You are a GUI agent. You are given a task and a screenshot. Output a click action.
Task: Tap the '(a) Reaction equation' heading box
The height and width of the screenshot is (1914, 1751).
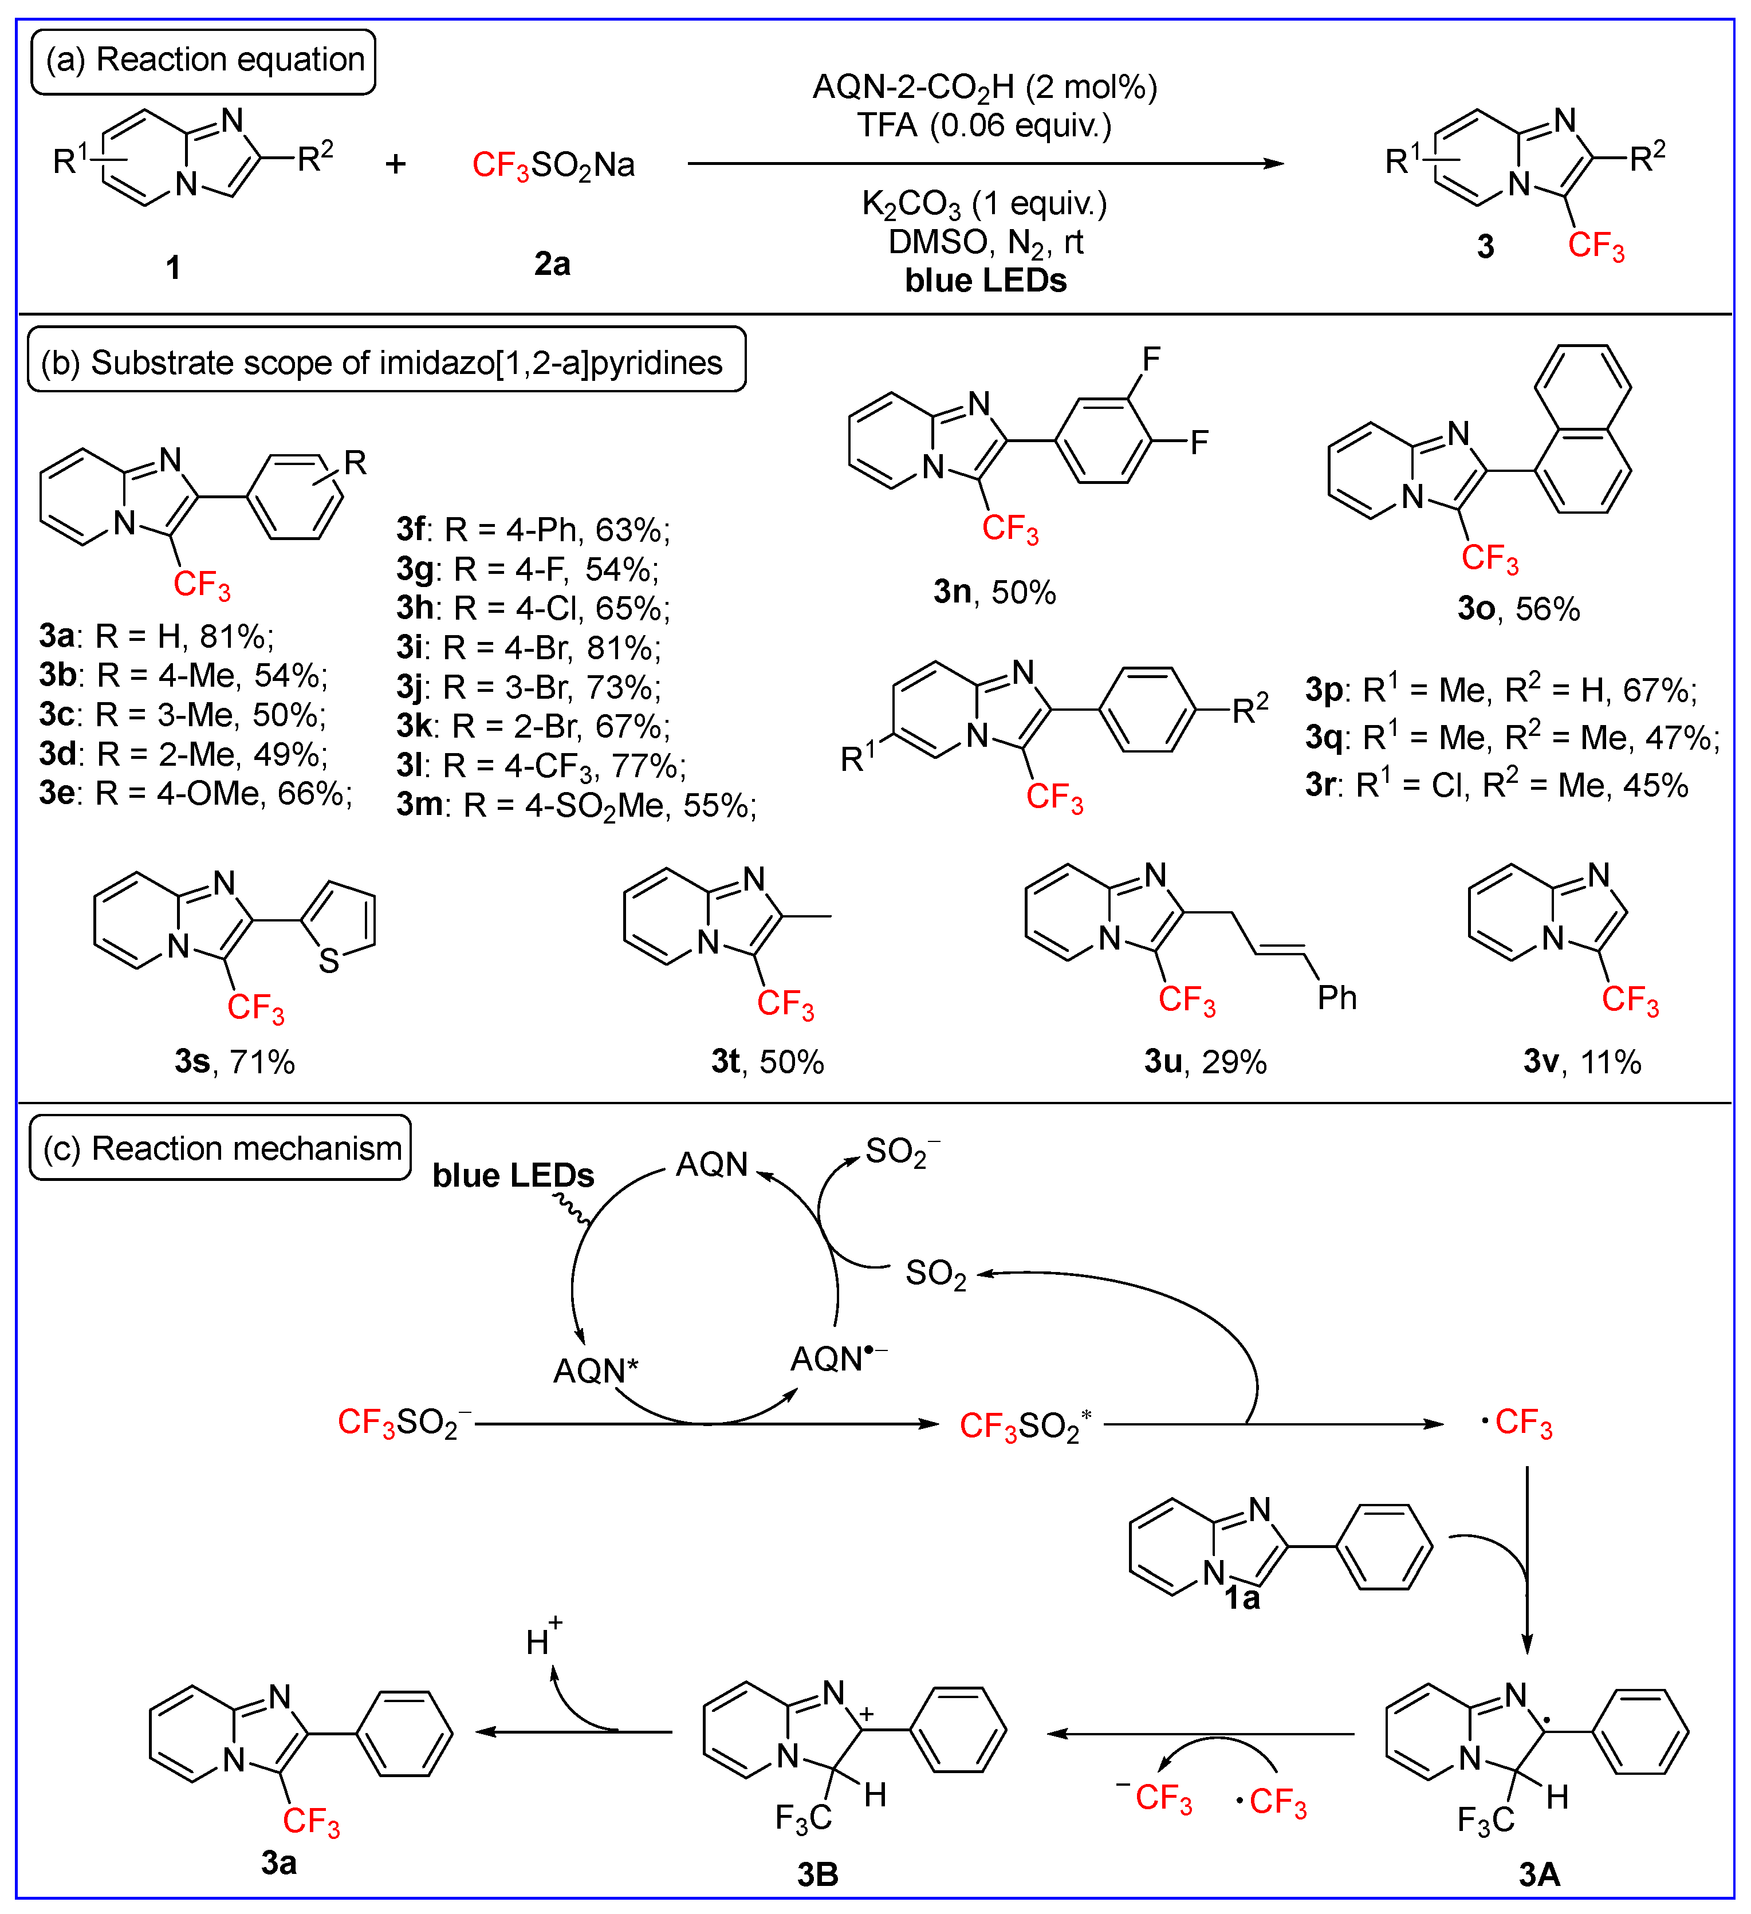pos(204,61)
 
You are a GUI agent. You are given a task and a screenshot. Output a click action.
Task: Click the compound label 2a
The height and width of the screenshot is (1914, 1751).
pos(552,264)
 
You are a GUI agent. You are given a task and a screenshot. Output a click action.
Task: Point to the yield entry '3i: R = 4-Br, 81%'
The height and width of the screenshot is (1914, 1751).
pos(528,648)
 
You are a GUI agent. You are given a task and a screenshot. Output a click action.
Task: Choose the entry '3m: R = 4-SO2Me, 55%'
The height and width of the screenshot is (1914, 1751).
pos(576,805)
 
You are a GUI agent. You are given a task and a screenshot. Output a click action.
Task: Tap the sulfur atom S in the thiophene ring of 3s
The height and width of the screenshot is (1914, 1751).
pos(329,961)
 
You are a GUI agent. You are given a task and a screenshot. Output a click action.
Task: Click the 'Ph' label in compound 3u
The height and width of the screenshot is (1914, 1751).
pos(1336,998)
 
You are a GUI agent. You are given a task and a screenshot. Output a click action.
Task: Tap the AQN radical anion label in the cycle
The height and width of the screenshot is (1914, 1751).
pos(837,1358)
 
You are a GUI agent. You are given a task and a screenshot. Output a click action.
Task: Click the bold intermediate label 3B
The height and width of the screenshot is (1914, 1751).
pos(817,1875)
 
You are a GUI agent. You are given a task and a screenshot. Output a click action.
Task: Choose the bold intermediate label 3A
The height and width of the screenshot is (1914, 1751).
pos(1538,1875)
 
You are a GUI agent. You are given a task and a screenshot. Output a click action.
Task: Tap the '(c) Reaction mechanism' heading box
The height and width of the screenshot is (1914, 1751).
pos(221,1149)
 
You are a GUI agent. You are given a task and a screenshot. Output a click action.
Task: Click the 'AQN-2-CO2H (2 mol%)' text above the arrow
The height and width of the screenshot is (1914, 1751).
pos(985,88)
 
